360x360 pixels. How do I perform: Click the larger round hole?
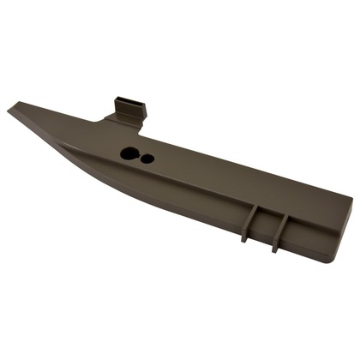[129, 154]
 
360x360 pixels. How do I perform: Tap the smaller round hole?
[147, 159]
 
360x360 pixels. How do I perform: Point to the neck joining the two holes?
[139, 157]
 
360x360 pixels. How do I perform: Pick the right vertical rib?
[278, 230]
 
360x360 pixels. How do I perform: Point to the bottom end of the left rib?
[244, 240]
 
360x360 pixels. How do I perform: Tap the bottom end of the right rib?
[275, 250]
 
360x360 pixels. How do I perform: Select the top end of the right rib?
[280, 213]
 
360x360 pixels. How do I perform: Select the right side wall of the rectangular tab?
[143, 111]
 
